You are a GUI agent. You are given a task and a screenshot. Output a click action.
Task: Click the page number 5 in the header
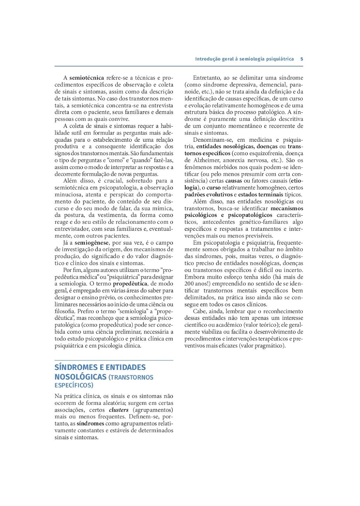pyautogui.click(x=302, y=59)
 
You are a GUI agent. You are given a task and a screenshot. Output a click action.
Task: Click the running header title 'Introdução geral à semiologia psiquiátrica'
pyautogui.click(x=244, y=59)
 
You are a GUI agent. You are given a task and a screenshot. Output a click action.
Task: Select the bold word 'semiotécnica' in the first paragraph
pyautogui.click(x=87, y=78)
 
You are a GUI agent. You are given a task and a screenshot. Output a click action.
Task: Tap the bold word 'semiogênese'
pyautogui.click(x=92, y=243)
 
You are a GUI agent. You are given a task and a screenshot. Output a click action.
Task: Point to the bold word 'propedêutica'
pyautogui.click(x=130, y=284)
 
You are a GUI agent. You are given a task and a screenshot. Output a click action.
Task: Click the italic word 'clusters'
pyautogui.click(x=119, y=410)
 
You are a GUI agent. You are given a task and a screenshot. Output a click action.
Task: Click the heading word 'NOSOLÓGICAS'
pyautogui.click(x=80, y=377)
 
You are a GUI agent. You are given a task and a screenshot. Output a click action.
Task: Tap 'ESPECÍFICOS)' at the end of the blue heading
pyautogui.click(x=74, y=385)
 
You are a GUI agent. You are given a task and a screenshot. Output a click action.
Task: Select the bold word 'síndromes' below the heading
pyautogui.click(x=90, y=424)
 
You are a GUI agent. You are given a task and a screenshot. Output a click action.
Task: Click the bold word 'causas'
pyautogui.click(x=234, y=181)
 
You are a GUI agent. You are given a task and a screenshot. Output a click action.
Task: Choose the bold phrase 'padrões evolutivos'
pyautogui.click(x=208, y=195)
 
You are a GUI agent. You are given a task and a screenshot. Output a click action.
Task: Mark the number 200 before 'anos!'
pyautogui.click(x=189, y=284)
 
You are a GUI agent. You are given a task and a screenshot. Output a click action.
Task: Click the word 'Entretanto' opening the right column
pyautogui.click(x=206, y=78)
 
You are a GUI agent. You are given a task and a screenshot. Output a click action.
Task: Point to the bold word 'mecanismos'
pyautogui.click(x=287, y=208)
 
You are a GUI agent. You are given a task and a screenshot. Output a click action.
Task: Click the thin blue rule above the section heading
pyautogui.click(x=114, y=361)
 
